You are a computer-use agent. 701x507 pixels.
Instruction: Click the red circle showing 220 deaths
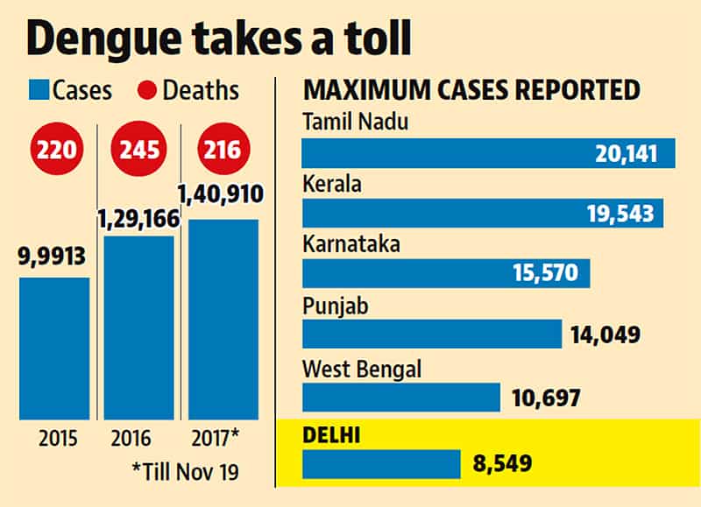(x=57, y=149)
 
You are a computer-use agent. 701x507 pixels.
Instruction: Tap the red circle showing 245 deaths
(x=138, y=149)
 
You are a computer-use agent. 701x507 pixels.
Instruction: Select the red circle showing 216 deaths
(x=223, y=149)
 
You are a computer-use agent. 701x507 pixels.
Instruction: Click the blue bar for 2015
(x=54, y=349)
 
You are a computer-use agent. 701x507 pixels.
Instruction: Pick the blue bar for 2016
(x=139, y=327)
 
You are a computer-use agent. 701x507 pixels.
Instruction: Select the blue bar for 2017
(x=223, y=320)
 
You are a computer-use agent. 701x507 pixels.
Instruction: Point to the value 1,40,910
(x=221, y=194)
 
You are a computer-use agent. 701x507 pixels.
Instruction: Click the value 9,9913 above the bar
(x=52, y=257)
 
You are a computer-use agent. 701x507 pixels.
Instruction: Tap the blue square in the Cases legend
(x=39, y=90)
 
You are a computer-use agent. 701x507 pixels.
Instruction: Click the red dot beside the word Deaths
(x=146, y=90)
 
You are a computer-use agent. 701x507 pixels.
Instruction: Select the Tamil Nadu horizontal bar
(x=489, y=153)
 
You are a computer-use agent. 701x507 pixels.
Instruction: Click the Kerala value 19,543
(x=620, y=214)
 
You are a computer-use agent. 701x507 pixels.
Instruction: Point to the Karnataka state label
(x=351, y=244)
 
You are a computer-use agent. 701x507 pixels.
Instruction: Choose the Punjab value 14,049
(x=605, y=334)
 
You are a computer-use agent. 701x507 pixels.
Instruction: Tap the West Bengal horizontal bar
(x=401, y=398)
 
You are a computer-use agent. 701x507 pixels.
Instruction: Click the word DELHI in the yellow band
(x=331, y=435)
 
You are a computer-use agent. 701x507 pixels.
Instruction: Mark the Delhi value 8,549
(x=502, y=463)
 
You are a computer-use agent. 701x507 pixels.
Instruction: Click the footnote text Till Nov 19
(x=186, y=472)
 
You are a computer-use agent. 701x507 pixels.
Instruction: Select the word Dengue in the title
(x=103, y=39)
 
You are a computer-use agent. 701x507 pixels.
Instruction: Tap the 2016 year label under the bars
(x=131, y=438)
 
